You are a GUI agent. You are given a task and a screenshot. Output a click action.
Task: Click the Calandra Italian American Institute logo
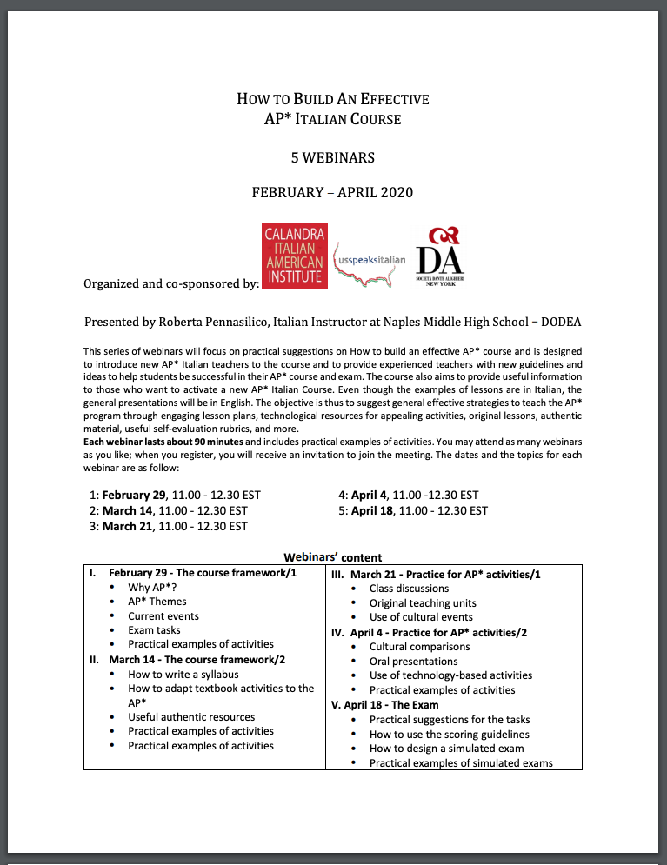(x=295, y=255)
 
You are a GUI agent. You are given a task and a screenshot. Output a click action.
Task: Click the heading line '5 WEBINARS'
(x=333, y=157)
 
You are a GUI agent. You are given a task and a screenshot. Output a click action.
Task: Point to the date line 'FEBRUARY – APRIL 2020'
(x=333, y=192)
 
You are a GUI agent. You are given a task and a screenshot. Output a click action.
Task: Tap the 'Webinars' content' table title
(x=333, y=557)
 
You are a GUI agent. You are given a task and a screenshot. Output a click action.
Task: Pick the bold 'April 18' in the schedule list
(x=375, y=510)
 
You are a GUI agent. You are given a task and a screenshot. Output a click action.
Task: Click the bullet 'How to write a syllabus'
(x=183, y=674)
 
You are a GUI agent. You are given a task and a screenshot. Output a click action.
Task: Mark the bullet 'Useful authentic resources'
(x=191, y=716)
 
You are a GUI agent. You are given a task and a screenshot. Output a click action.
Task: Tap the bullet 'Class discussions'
(x=409, y=589)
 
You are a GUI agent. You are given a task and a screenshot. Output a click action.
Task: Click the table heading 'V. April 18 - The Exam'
(x=385, y=704)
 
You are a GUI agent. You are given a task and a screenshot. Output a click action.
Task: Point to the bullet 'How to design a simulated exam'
(x=446, y=749)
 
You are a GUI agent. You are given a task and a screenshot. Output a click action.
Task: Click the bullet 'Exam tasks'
(x=154, y=629)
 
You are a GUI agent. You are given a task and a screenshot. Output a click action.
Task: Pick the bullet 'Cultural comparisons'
(x=419, y=647)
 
